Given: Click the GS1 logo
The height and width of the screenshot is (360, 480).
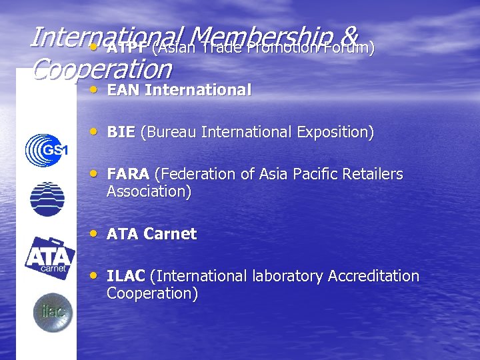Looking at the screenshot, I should pyautogui.click(x=46, y=150).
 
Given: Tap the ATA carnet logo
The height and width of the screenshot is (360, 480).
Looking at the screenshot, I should pyautogui.click(x=49, y=257).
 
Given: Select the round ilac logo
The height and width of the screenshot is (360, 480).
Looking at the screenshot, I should pyautogui.click(x=53, y=312).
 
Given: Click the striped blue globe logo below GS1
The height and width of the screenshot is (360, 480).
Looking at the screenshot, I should pyautogui.click(x=47, y=199).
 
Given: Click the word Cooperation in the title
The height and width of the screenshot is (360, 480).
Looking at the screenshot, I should pyautogui.click(x=101, y=68).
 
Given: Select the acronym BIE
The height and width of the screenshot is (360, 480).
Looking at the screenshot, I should pyautogui.click(x=121, y=132).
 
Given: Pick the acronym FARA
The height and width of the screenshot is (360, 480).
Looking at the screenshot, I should pyautogui.click(x=128, y=175).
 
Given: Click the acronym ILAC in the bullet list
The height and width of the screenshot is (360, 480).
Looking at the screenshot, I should pyautogui.click(x=126, y=276).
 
